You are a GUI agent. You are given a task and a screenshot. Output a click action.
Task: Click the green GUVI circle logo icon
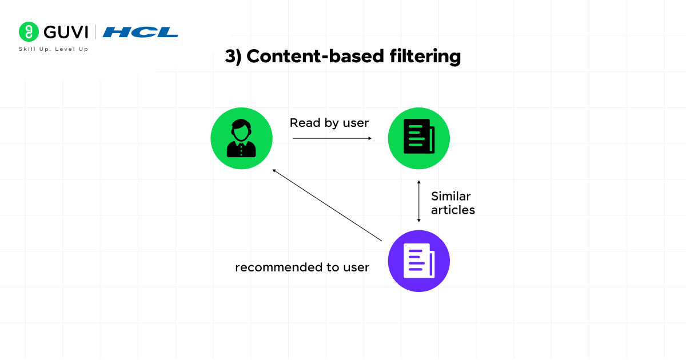click(29, 31)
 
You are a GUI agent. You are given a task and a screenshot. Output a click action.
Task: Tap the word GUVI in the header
click(66, 32)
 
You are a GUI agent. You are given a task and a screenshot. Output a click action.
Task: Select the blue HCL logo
click(140, 32)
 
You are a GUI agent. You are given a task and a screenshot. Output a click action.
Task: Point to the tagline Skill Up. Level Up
click(54, 49)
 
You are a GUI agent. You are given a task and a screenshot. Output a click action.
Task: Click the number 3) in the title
click(233, 57)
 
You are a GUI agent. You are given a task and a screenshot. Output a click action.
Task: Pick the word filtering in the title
click(425, 57)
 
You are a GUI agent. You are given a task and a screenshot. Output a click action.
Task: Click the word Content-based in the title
click(315, 57)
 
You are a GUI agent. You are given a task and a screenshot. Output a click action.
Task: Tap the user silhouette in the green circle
click(241, 138)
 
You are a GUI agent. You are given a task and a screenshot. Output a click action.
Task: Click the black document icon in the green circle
click(419, 136)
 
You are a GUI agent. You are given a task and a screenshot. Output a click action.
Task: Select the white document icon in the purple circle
click(419, 261)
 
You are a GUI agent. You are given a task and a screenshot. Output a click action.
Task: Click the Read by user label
click(329, 123)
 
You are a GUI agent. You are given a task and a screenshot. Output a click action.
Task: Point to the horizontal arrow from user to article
click(332, 138)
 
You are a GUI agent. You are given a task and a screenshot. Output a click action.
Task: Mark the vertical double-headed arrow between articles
click(419, 201)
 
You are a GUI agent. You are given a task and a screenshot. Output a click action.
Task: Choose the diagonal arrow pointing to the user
click(327, 205)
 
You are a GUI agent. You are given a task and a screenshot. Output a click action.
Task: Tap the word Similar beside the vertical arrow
click(451, 196)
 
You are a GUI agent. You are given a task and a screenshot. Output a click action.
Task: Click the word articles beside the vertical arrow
click(453, 210)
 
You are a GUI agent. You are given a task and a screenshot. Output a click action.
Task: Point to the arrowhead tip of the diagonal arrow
click(273, 169)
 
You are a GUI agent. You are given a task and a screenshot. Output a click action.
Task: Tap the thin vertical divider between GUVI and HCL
click(95, 32)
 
